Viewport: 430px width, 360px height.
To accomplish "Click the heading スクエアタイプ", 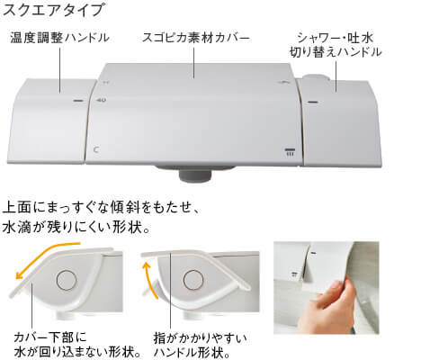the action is coord(54,10).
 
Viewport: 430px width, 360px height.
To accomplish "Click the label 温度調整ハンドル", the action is coord(60,38).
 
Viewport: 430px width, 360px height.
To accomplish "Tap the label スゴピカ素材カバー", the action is coord(195,38).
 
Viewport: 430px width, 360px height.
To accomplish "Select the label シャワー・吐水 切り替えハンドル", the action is coord(336,45).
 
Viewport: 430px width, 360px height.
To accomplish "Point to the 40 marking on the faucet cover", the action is coord(102,100).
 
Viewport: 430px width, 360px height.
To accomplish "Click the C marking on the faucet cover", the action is coord(96,149).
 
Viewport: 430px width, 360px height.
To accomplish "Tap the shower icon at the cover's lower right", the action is coord(290,152).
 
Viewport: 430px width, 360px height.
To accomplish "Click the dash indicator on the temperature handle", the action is coord(78,101).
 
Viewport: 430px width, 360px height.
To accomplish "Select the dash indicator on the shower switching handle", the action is coord(312,102).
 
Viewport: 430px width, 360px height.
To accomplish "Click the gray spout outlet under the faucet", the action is coord(195,175).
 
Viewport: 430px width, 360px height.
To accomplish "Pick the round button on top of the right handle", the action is coord(317,77).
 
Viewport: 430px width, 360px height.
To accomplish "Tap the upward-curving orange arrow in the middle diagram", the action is coord(149,280).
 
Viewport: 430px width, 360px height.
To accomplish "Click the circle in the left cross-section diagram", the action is coord(67,280).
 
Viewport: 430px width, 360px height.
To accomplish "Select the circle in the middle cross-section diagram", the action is coord(193,280).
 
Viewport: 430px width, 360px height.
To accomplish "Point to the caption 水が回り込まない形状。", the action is coord(78,352).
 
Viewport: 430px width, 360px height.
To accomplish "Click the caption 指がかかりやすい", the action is coord(200,338).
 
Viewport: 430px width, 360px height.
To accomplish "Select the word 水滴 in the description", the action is coord(17,228).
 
